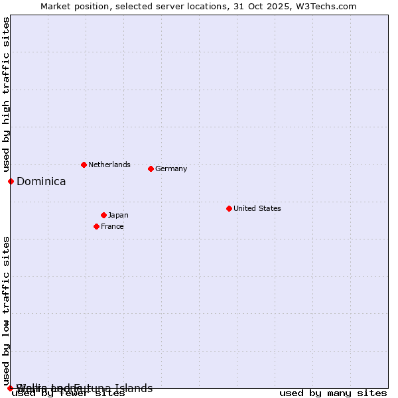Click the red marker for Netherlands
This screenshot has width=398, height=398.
click(84, 165)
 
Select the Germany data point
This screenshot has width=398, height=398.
click(151, 168)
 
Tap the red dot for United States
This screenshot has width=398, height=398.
click(229, 208)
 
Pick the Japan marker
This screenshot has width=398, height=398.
click(103, 215)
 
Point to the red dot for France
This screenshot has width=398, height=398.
click(96, 226)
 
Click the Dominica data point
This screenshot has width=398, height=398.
click(11, 181)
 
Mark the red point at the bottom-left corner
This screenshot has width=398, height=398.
click(11, 388)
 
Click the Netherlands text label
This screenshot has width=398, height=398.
click(109, 165)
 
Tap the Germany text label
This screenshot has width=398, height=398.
click(171, 168)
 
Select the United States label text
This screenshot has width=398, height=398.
click(257, 208)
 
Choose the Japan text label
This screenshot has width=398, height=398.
click(118, 215)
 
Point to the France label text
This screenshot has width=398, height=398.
click(112, 226)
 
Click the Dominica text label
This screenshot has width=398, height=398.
click(41, 181)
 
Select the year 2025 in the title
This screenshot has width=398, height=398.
click(278, 7)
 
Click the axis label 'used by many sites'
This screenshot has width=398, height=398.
click(333, 393)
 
